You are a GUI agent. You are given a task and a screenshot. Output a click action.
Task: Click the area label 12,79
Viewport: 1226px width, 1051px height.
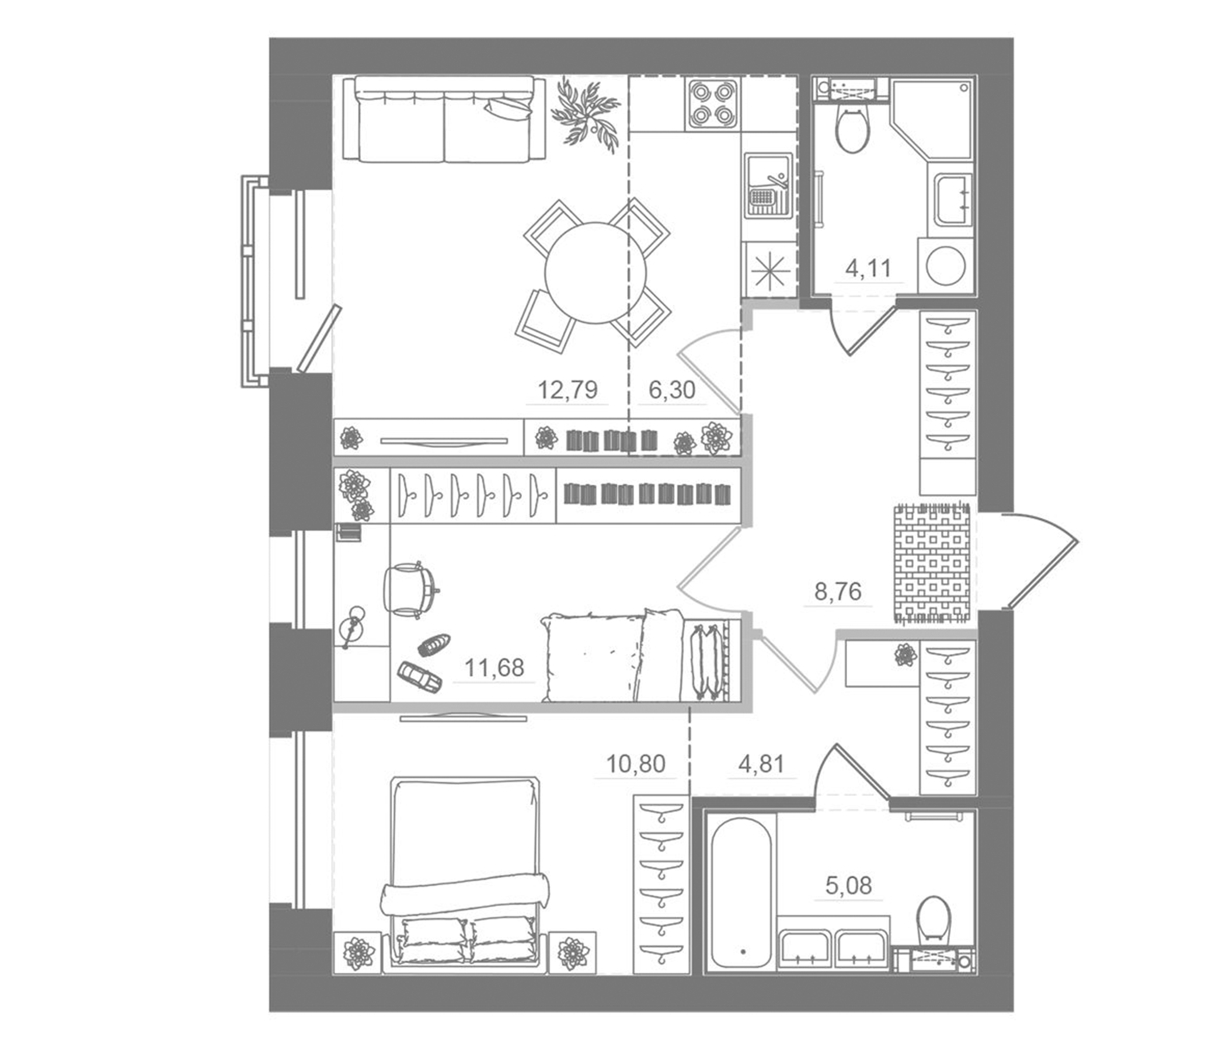567,390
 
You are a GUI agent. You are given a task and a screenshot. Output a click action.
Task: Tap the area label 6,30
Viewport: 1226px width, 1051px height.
671,390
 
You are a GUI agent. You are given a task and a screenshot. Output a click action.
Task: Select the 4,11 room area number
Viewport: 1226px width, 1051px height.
868,269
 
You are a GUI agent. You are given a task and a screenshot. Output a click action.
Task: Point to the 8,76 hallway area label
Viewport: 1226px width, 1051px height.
837,591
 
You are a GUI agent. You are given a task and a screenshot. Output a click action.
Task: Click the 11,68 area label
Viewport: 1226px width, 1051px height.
494,668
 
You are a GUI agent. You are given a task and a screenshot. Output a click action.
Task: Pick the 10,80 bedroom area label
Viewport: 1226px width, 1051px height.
636,764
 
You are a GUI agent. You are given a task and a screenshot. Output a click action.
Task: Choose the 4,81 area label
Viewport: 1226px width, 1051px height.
761,764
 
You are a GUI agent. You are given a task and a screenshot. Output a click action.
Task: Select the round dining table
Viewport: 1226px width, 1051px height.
595,273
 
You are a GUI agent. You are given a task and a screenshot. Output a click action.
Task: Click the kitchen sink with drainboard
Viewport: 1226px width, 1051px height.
768,186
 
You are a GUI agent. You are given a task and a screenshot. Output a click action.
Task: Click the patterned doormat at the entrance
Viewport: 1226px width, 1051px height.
931,562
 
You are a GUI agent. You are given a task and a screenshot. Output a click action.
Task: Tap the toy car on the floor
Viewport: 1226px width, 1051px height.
420,676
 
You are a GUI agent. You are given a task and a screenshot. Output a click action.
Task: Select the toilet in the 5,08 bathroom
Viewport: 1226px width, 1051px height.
934,924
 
